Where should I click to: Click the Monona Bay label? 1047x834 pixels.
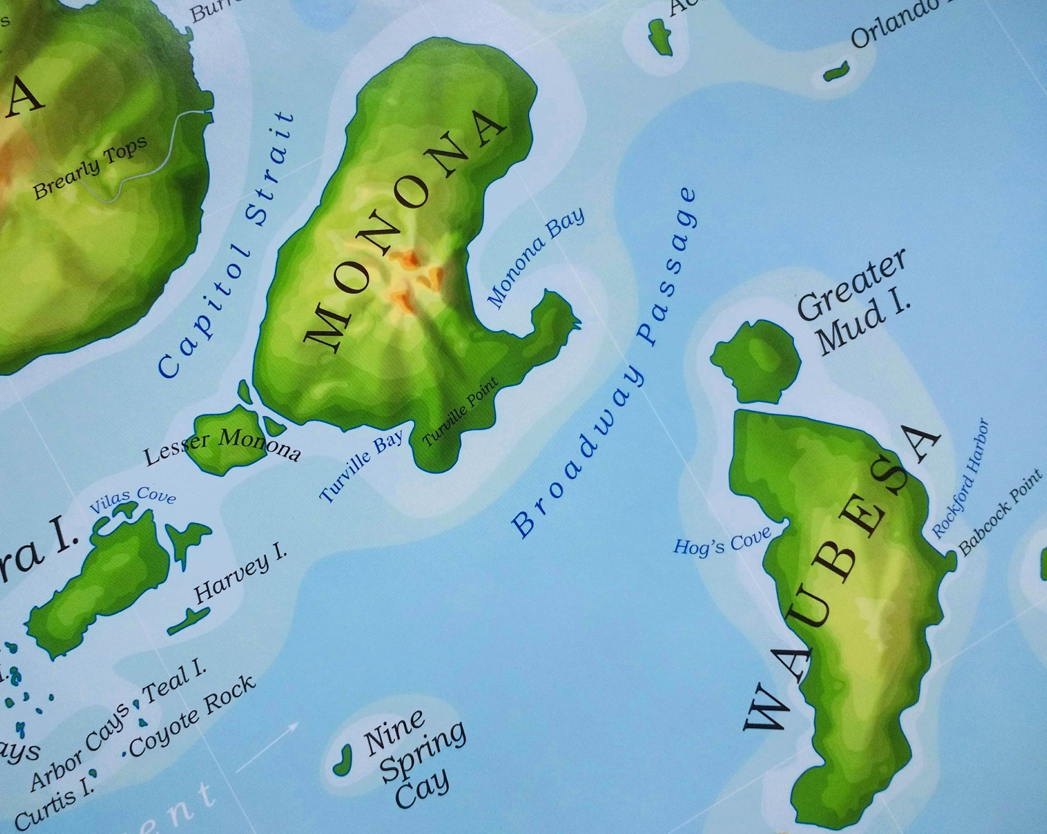pyautogui.click(x=536, y=258)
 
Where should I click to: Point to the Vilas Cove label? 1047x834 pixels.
pyautogui.click(x=133, y=500)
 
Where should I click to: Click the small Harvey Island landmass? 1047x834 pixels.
pyautogui.click(x=188, y=621)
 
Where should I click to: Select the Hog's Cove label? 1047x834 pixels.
pyautogui.click(x=722, y=541)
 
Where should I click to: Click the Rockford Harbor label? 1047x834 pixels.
pyautogui.click(x=960, y=478)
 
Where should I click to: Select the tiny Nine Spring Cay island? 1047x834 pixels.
pyautogui.click(x=342, y=760)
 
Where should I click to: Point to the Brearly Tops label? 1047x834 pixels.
pyautogui.click(x=90, y=168)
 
